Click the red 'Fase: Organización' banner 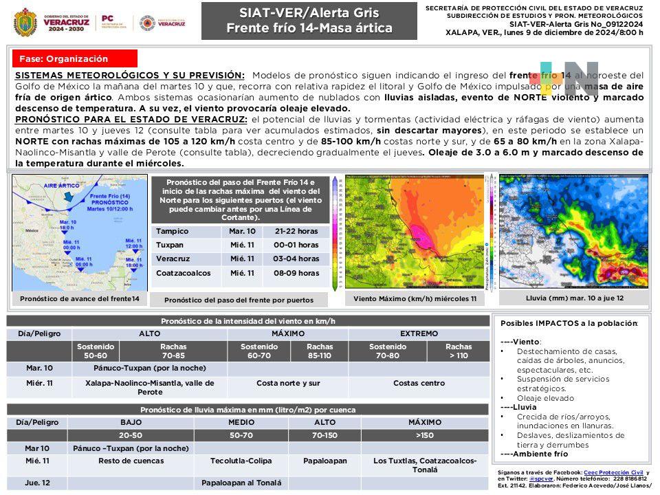point(74,59)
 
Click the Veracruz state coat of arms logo point(26,22)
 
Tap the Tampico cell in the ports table point(172,231)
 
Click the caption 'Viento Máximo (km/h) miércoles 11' point(415,299)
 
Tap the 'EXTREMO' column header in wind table point(419,333)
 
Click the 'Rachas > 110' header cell point(458,351)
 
